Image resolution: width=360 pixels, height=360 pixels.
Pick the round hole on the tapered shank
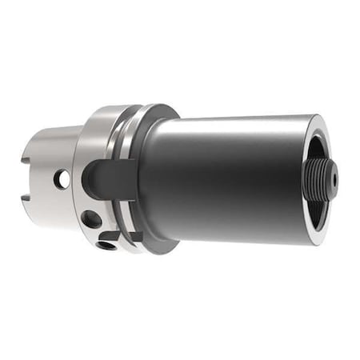[x=62, y=180]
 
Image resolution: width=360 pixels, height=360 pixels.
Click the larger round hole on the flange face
[x=92, y=218]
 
